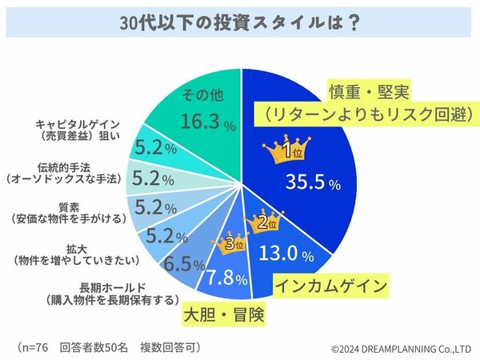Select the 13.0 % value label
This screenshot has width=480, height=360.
tap(294, 254)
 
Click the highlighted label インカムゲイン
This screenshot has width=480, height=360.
tap(332, 285)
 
